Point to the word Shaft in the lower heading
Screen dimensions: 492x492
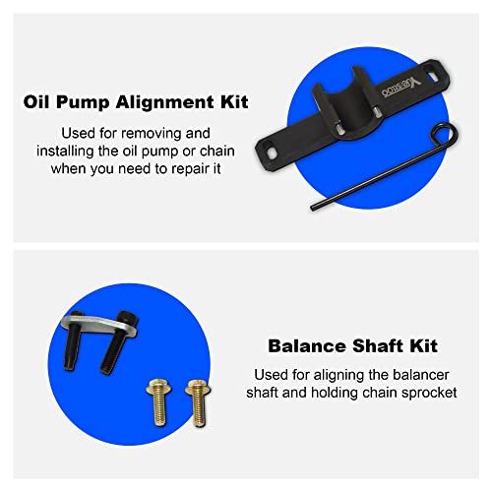coord(368,346)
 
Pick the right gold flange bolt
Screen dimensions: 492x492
coord(196,402)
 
